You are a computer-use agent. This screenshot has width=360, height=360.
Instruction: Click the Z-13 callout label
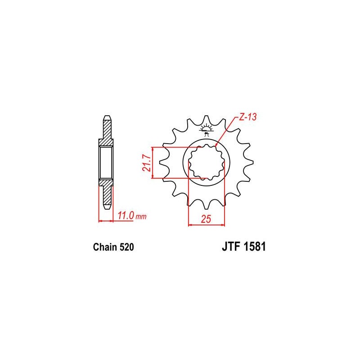pos(247,118)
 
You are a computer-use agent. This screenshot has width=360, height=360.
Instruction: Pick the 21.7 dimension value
pos(144,162)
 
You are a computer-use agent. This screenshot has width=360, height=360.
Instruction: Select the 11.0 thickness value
pos(125,216)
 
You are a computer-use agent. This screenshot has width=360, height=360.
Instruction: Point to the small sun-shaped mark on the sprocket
pos(207,129)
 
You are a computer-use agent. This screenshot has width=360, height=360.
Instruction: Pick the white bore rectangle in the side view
pos(106,162)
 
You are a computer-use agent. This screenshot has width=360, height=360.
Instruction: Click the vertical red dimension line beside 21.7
pos(154,162)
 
